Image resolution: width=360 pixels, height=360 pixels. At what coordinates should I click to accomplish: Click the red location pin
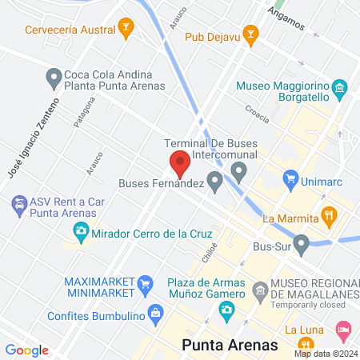coord(180,163)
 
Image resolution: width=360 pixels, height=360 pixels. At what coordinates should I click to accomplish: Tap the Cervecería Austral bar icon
coord(126,30)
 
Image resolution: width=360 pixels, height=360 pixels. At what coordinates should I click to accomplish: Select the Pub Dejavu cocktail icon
coord(250,35)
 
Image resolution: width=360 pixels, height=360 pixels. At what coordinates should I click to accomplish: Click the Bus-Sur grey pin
coord(302,242)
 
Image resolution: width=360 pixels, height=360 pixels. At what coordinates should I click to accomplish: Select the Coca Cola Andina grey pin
coord(54,78)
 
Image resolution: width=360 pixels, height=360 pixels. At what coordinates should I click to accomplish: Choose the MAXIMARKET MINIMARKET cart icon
coord(145,282)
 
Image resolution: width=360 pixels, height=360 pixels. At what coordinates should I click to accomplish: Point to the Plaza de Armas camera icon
coord(227,310)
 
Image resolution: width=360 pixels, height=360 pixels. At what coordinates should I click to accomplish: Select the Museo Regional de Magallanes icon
coord(260,289)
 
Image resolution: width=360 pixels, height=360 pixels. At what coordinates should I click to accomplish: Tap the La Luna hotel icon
coord(343,329)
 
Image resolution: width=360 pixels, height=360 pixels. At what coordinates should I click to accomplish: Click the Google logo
coord(27,350)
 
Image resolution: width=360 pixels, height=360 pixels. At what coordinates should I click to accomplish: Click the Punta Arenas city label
coord(229,345)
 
